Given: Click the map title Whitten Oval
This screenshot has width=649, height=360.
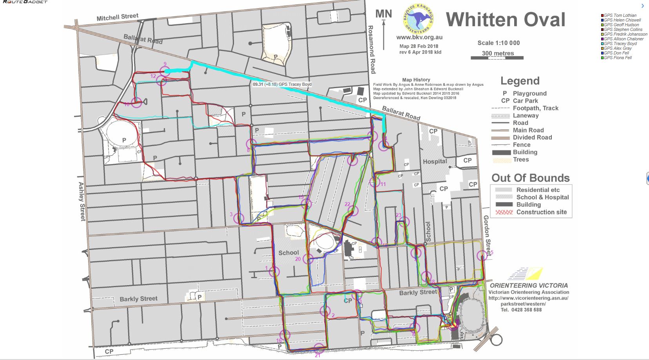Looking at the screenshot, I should [506, 20].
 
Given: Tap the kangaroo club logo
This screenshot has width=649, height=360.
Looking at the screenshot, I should [419, 19].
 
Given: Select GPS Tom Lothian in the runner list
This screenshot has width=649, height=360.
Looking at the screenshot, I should [620, 15].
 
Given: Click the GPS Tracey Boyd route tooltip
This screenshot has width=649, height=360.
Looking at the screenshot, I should [282, 84].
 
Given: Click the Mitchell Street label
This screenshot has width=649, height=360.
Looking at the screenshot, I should [117, 17].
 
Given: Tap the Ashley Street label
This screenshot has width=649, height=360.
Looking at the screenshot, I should [82, 201].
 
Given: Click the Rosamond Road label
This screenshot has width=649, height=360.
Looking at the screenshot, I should [371, 49].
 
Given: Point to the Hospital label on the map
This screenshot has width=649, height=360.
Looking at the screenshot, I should [435, 161].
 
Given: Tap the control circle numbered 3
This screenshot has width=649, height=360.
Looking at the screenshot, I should [239, 218].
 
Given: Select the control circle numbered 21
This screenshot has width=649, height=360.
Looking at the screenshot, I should [319, 348].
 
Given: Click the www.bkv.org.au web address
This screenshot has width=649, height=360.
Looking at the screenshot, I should [419, 38].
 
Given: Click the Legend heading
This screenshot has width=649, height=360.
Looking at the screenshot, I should [520, 81].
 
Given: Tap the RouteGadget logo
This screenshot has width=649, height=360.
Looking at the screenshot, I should [24, 2].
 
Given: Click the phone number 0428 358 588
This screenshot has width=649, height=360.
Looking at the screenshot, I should [521, 309].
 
